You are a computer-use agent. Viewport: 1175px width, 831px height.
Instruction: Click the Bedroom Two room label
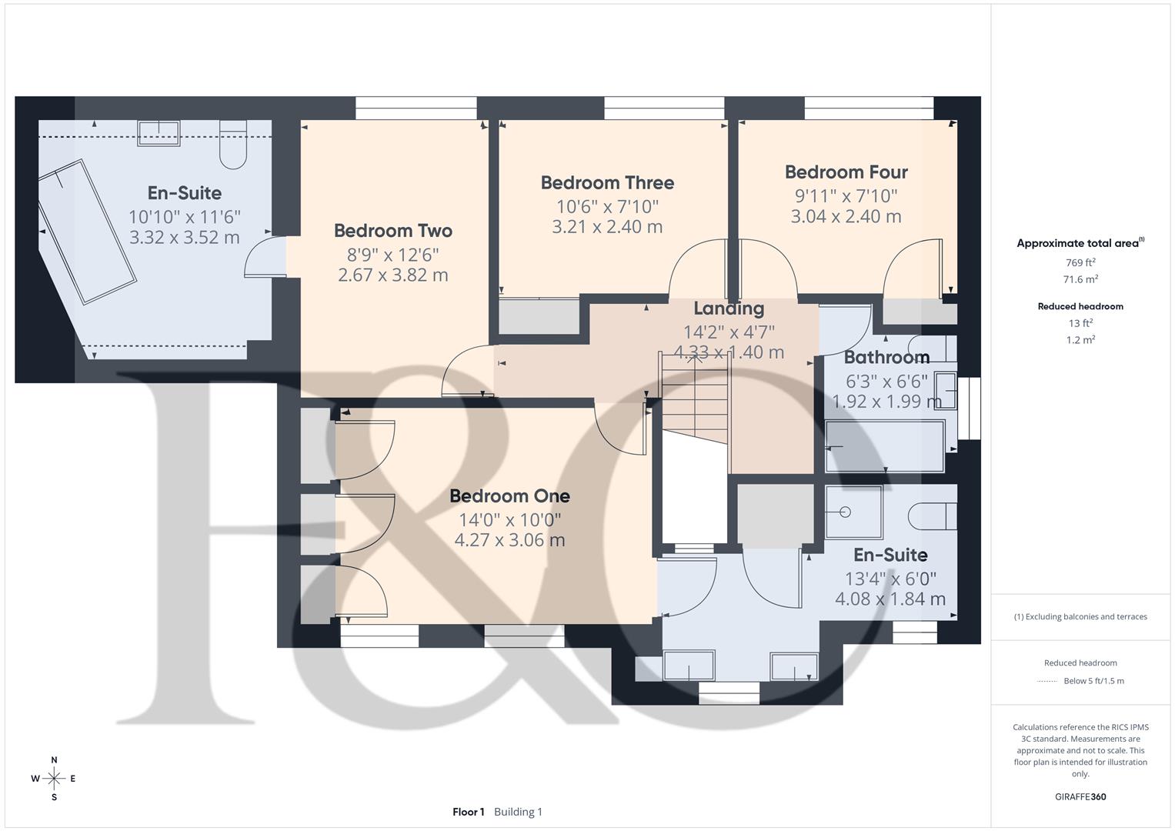(x=393, y=231)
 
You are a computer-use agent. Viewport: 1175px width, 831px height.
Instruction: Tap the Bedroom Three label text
(x=607, y=182)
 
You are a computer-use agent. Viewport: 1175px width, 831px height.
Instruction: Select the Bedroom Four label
(x=846, y=172)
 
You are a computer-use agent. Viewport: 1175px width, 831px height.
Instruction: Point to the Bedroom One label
(x=509, y=496)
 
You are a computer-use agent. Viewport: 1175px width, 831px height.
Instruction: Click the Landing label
(x=729, y=309)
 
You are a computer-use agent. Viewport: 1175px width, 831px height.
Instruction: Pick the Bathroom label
(x=886, y=357)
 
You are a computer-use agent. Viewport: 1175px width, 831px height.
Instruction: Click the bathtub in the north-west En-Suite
(x=87, y=232)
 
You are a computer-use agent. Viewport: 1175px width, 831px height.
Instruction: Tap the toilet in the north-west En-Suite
(x=233, y=145)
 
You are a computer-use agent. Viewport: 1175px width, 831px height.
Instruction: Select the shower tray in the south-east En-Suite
(x=854, y=512)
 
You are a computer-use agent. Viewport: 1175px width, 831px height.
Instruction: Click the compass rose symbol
(x=54, y=779)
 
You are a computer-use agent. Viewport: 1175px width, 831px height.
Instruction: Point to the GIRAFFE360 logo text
(x=1080, y=796)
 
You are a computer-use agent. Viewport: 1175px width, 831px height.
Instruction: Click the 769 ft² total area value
(x=1080, y=262)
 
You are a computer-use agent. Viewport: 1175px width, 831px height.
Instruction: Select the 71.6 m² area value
(x=1080, y=279)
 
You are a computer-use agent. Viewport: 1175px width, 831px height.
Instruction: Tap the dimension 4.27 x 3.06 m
(x=509, y=540)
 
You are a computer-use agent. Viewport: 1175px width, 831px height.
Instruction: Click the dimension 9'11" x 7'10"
(x=846, y=195)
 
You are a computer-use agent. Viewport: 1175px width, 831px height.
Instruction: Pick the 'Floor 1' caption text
(x=469, y=812)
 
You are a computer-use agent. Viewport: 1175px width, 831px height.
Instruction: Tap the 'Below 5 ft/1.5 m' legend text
(x=1093, y=681)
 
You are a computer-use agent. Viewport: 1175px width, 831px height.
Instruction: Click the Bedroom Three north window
(x=664, y=108)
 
